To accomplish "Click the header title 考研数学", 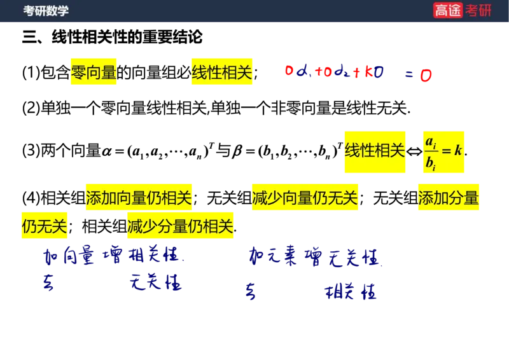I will click(x=46, y=11).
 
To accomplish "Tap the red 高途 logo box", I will click(x=448, y=10).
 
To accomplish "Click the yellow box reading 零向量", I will click(x=93, y=73).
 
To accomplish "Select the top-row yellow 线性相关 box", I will click(x=221, y=73).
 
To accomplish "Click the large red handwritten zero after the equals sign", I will click(x=426, y=76).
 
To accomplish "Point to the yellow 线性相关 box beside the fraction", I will click(x=375, y=151).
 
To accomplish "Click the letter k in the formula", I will click(x=458, y=151).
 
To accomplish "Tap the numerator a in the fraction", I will click(x=430, y=141).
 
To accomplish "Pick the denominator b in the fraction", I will click(x=430, y=163).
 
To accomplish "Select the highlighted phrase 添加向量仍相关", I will click(x=138, y=198).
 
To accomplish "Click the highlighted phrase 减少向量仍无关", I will click(x=305, y=198).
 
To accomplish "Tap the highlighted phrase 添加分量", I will click(x=450, y=198).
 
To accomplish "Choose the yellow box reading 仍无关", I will click(x=45, y=226).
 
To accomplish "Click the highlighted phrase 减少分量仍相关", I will click(x=180, y=226).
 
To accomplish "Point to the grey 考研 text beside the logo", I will click(x=478, y=10).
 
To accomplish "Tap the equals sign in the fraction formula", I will click(x=445, y=151).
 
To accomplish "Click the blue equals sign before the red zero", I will click(x=408, y=75).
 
